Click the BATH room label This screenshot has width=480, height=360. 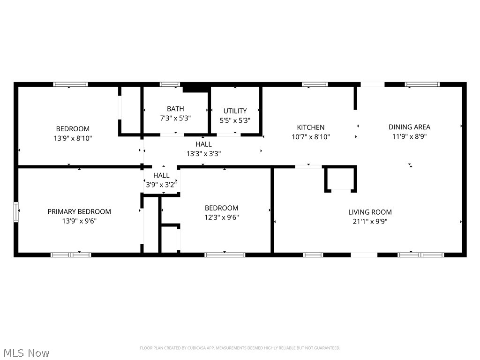tap(175, 109)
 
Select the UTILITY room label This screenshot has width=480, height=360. tap(235, 111)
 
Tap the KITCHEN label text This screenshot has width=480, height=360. tap(310, 127)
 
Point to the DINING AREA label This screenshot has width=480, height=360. tap(409, 127)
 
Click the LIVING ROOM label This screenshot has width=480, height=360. tap(370, 212)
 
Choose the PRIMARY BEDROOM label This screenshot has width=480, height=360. tap(79, 211)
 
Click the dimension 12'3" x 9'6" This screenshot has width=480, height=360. tap(221, 217)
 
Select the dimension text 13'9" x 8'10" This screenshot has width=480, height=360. tap(73, 138)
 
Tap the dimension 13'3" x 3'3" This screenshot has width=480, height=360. tap(203, 153)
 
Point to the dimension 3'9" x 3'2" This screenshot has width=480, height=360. tap(161, 185)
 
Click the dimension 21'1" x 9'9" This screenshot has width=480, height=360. tap(370, 221)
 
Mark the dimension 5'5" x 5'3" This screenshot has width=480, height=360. tap(235, 120)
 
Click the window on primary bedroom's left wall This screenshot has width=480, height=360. tap(16, 212)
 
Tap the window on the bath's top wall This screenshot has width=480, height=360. tap(170, 84)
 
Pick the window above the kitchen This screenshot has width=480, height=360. tap(315, 84)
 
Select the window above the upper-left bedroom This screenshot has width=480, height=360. tap(70, 84)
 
